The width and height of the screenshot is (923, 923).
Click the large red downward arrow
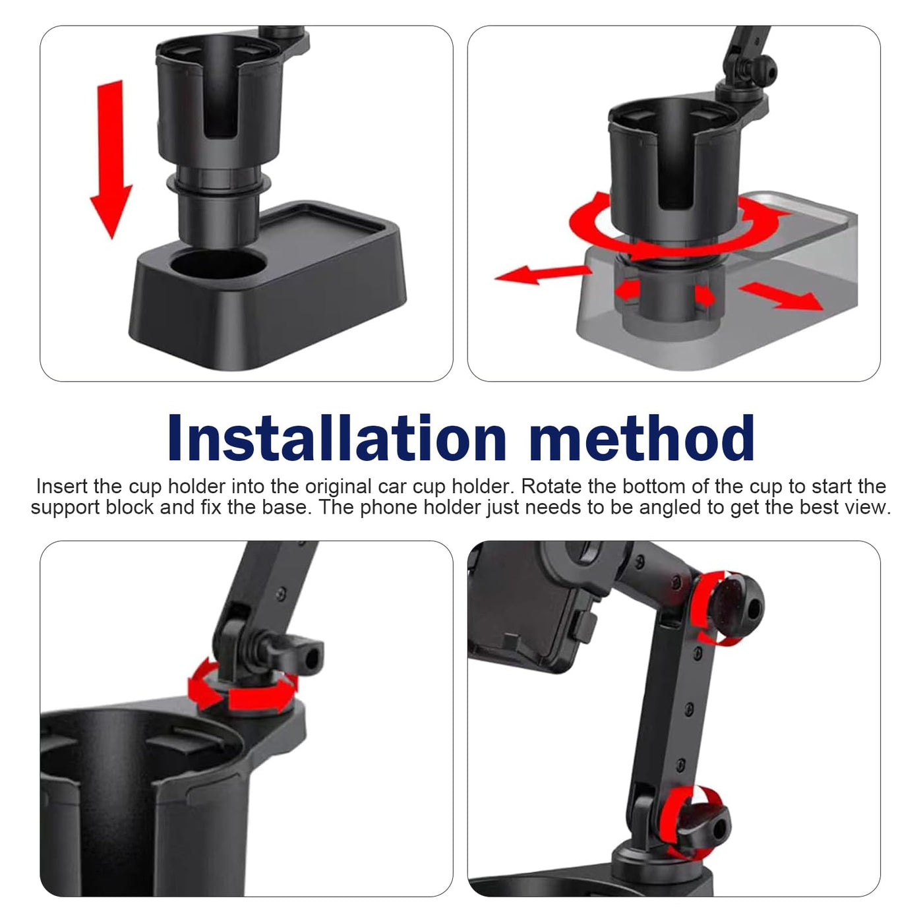pos(111,158)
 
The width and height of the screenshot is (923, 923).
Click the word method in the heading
pos(642,437)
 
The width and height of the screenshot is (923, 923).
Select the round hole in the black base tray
pos(218,264)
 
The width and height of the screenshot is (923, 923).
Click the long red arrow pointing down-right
pos(781,296)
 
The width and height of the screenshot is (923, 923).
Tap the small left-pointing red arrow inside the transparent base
pos(628,290)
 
